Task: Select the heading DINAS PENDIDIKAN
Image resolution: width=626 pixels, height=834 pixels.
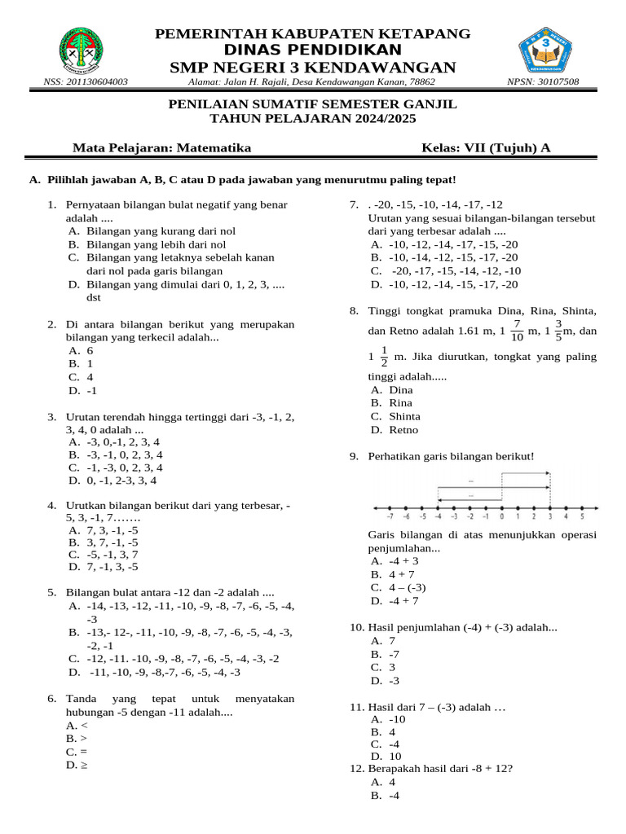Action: [x=313, y=50]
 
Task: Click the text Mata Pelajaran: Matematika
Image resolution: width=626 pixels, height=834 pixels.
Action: [x=162, y=147]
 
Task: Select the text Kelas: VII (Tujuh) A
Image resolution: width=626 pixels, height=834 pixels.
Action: [x=486, y=147]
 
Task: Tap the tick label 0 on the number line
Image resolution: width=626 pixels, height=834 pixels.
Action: [x=501, y=516]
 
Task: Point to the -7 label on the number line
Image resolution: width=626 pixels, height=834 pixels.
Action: [x=390, y=516]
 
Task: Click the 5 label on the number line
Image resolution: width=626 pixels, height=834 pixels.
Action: [x=581, y=516]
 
